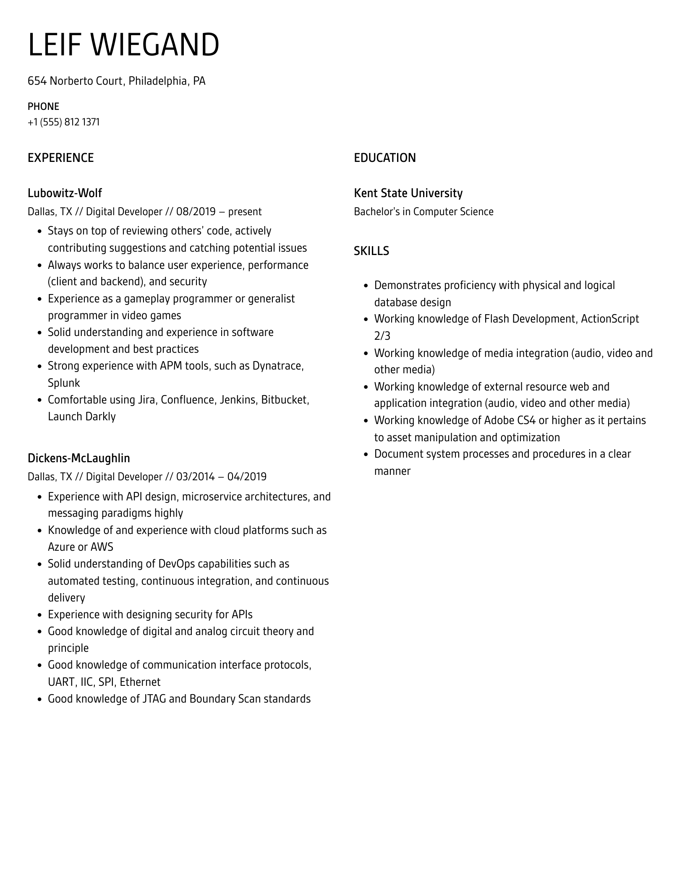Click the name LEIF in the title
tap(54, 45)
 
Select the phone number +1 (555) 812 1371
tap(64, 122)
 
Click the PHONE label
tap(43, 107)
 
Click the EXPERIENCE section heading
tap(61, 158)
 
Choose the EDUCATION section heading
tap(385, 158)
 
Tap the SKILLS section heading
tap(371, 251)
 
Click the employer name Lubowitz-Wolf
tap(65, 193)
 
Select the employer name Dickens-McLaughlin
tap(79, 458)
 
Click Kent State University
tap(408, 193)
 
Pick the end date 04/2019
tap(247, 477)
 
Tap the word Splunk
tap(64, 383)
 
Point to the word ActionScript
tap(610, 319)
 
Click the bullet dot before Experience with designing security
tap(39, 615)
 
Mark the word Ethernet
tap(140, 682)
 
